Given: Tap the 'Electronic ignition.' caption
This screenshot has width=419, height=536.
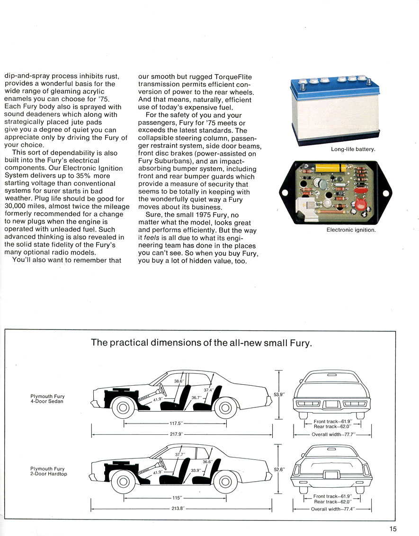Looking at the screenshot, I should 351,230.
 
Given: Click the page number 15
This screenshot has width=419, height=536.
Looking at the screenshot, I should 393,516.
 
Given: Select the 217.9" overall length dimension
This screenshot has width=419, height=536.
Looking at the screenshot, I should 176,434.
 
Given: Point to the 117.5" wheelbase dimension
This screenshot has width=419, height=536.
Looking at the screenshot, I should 175,423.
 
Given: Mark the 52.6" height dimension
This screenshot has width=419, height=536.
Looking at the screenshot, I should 280,469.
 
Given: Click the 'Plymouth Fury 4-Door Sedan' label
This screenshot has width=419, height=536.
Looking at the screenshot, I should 48,399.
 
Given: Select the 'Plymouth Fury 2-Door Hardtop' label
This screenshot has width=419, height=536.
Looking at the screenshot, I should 48,471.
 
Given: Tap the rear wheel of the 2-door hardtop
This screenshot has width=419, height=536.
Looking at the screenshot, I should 225,481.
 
